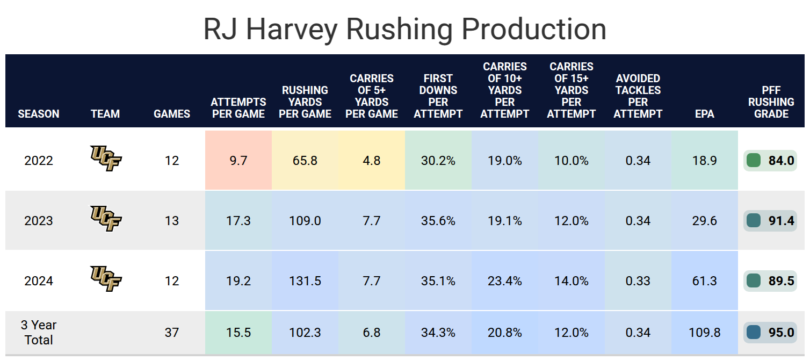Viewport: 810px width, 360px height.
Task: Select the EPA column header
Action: [x=704, y=114]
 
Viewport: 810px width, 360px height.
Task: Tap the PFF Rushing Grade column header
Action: [x=771, y=102]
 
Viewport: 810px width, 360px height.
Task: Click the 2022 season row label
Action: [x=39, y=160]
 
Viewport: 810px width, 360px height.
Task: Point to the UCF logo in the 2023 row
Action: [x=106, y=219]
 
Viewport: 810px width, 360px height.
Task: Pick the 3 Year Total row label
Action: [x=39, y=333]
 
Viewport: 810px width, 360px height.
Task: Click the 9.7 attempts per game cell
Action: [x=238, y=160]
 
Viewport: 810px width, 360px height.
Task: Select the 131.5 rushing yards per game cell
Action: [x=305, y=281]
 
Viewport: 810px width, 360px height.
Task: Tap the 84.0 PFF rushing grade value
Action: [x=781, y=160]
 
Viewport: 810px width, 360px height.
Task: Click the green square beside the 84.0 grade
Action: [x=753, y=160]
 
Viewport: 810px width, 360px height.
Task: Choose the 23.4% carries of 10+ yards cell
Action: [x=505, y=281]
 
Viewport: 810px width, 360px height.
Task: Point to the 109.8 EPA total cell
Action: [x=704, y=333]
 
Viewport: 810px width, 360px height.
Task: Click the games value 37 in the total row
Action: [x=172, y=333]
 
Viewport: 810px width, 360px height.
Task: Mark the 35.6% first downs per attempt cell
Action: [x=438, y=221]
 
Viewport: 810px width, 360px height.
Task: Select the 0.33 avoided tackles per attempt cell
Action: [x=638, y=281]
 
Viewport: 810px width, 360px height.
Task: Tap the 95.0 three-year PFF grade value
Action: [x=781, y=333]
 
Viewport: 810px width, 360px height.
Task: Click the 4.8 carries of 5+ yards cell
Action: [x=372, y=160]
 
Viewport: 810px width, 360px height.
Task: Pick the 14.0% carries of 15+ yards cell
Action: [x=572, y=281]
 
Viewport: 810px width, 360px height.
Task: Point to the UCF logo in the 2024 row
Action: [x=106, y=278]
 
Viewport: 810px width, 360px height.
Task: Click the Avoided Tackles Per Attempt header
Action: [x=638, y=96]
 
